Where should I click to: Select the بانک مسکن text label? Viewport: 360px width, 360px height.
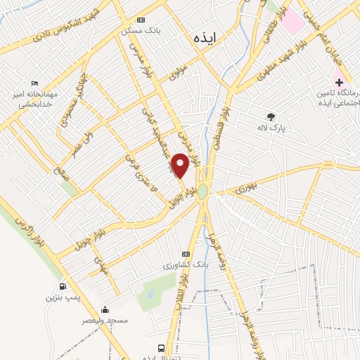coord(136,31)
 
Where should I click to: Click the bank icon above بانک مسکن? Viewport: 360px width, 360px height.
coord(141,20)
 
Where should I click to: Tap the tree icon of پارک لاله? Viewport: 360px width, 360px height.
coord(271,117)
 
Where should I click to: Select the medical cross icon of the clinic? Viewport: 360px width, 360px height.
coord(339,82)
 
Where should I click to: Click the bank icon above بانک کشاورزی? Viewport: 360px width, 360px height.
coord(186,254)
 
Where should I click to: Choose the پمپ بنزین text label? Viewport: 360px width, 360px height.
coord(60,298)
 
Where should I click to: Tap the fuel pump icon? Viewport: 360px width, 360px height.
coord(64,286)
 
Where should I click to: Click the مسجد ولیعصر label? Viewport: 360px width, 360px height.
coord(103,321)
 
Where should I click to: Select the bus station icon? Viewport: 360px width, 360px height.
coord(162,348)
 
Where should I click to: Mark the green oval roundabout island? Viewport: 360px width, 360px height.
coord(203,191)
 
